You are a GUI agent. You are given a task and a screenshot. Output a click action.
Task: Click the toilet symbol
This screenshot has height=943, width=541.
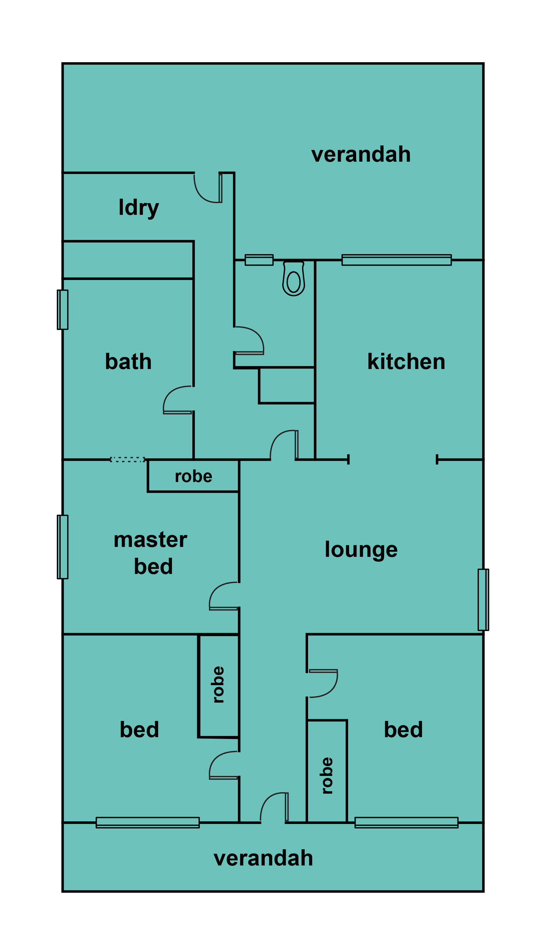tap(294, 279)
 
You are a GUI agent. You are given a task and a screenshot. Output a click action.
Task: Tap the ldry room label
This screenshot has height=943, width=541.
tap(139, 208)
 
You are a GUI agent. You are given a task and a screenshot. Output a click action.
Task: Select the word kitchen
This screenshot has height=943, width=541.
tap(406, 362)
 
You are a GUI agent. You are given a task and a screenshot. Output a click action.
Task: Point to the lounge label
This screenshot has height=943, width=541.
tap(361, 550)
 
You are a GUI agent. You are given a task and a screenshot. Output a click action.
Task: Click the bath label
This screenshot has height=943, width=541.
tap(128, 362)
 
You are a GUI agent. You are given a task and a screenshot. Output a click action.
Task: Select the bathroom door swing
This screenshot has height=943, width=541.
tap(178, 400)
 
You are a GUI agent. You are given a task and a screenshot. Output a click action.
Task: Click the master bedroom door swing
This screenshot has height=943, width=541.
tap(224, 596)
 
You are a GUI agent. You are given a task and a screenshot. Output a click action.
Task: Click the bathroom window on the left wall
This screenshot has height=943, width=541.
tap(63, 310)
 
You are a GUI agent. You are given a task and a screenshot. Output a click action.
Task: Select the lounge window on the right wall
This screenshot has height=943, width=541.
tap(483, 600)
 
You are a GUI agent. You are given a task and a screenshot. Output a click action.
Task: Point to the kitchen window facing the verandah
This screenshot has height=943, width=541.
tap(396, 260)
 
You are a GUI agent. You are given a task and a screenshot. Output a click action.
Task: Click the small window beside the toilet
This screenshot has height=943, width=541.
tap(259, 260)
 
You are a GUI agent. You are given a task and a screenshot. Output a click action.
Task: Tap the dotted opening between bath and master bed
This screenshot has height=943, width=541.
tap(127, 459)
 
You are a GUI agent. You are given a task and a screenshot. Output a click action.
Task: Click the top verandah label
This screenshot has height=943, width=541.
tap(361, 154)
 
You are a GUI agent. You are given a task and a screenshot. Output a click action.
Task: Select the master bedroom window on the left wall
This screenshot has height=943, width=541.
tap(63, 547)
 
